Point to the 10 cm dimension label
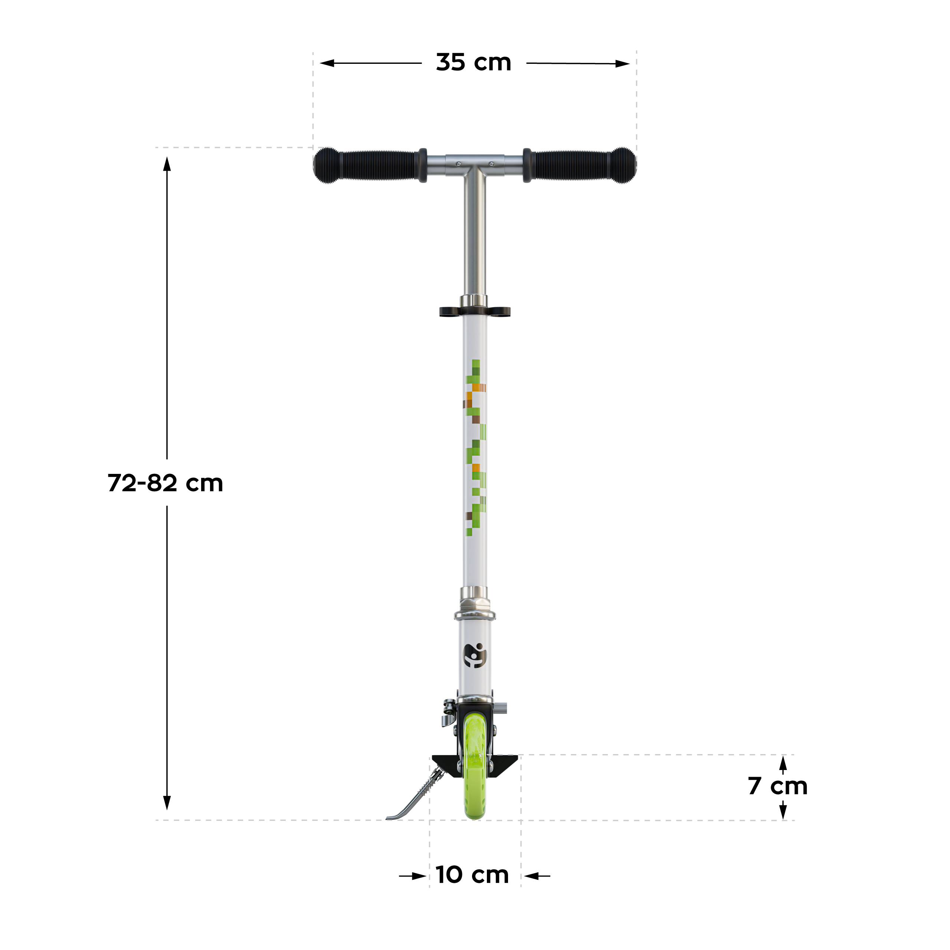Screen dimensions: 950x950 coord(472,875)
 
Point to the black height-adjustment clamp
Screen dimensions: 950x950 coord(475,311)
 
